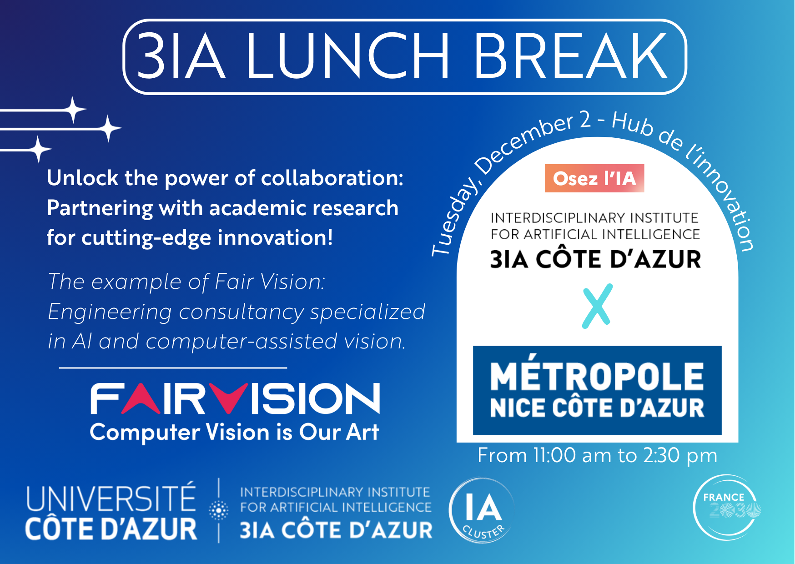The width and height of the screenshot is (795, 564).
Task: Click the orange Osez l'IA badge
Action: (x=594, y=178)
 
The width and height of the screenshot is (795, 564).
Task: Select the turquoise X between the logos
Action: (x=597, y=306)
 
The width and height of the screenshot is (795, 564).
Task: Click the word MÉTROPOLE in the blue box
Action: (x=597, y=376)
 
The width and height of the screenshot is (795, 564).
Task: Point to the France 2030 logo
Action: (x=727, y=508)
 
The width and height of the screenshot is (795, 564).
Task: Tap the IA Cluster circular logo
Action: (x=482, y=510)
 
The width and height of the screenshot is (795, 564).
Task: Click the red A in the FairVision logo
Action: (x=141, y=399)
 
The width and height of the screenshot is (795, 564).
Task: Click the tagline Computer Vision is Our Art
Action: (x=234, y=433)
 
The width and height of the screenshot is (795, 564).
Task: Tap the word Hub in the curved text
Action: (x=633, y=124)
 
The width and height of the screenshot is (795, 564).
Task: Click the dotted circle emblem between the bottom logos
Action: (x=218, y=510)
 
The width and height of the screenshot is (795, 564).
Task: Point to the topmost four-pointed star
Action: (x=73, y=110)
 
